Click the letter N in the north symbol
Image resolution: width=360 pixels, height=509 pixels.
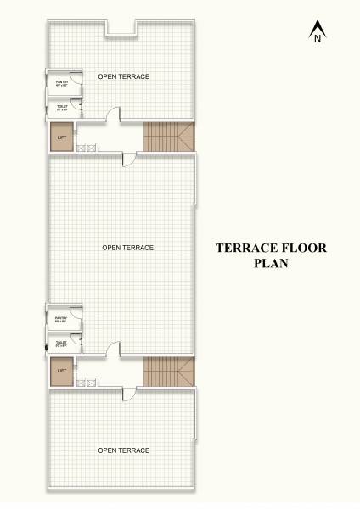317,38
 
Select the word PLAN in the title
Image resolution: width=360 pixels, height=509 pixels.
271,263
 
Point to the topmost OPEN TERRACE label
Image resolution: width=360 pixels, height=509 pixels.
124,77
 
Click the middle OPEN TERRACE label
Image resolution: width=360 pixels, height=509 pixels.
127,248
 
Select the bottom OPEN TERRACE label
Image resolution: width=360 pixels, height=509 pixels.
124,450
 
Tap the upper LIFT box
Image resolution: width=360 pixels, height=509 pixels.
61,137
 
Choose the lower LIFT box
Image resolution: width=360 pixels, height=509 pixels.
61,372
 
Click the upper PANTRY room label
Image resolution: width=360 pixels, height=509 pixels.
61,83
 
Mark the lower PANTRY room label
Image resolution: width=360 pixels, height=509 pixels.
61,319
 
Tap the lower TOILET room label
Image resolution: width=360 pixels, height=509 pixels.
61,344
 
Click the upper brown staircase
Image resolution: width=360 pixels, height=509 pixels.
169,136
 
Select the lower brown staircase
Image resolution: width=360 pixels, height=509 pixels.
169,370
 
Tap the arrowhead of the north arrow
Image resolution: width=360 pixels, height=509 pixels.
317,25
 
